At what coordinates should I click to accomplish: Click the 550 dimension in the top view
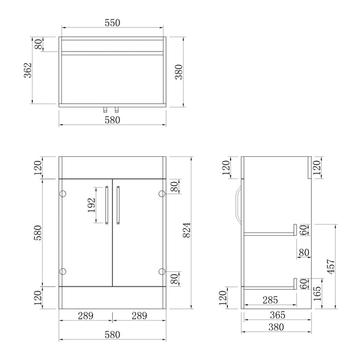tap(112, 23)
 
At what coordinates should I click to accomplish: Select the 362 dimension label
tap(28, 70)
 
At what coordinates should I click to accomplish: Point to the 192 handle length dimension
tap(90, 205)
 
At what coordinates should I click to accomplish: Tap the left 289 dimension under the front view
tap(86, 315)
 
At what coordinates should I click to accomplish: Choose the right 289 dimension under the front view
tap(139, 315)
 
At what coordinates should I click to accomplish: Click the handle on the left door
tap(107, 205)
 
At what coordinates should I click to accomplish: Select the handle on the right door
tap(118, 205)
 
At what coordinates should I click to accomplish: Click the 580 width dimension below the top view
tap(112, 120)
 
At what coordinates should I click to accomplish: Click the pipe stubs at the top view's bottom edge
tap(112, 109)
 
